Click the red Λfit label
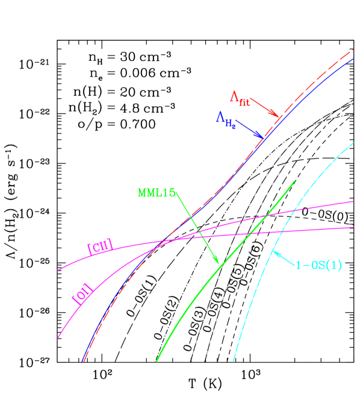click(x=240, y=98)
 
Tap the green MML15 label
click(x=157, y=193)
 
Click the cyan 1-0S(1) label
click(x=318, y=265)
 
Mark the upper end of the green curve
click(x=294, y=181)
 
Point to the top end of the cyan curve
click(x=353, y=142)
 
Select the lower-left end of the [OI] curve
click(x=58, y=338)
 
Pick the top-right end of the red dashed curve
click(x=353, y=49)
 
